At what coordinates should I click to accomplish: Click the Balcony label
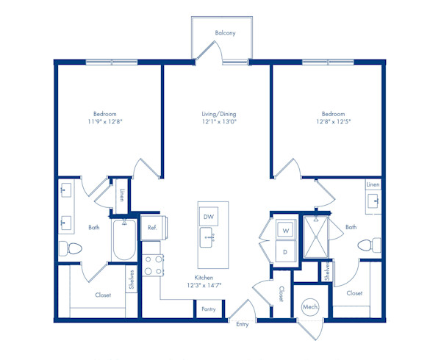click(x=225, y=33)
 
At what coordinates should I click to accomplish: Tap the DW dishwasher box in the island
click(x=209, y=217)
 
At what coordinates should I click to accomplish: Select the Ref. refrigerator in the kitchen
click(x=154, y=228)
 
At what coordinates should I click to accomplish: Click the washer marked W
click(x=286, y=230)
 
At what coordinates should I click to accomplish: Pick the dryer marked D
click(x=286, y=251)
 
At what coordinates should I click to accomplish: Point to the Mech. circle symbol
click(x=310, y=307)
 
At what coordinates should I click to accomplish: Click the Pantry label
click(x=209, y=309)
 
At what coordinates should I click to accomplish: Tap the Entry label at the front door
click(x=242, y=324)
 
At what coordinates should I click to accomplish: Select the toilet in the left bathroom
click(x=71, y=248)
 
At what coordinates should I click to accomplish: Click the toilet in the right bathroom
click(x=369, y=245)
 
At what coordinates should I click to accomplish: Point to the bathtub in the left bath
click(x=124, y=240)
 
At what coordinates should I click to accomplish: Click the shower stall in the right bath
click(x=316, y=237)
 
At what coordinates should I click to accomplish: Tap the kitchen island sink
click(x=207, y=238)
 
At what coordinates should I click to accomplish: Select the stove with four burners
click(x=153, y=265)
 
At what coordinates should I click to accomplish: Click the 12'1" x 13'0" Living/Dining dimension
click(x=219, y=122)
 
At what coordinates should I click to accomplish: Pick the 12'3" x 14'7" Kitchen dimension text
click(x=204, y=285)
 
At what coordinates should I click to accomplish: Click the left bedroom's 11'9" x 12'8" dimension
click(x=105, y=122)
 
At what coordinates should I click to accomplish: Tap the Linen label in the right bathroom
click(x=373, y=184)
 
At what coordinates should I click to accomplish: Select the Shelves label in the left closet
click(x=132, y=279)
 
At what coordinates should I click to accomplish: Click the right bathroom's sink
click(x=373, y=201)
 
